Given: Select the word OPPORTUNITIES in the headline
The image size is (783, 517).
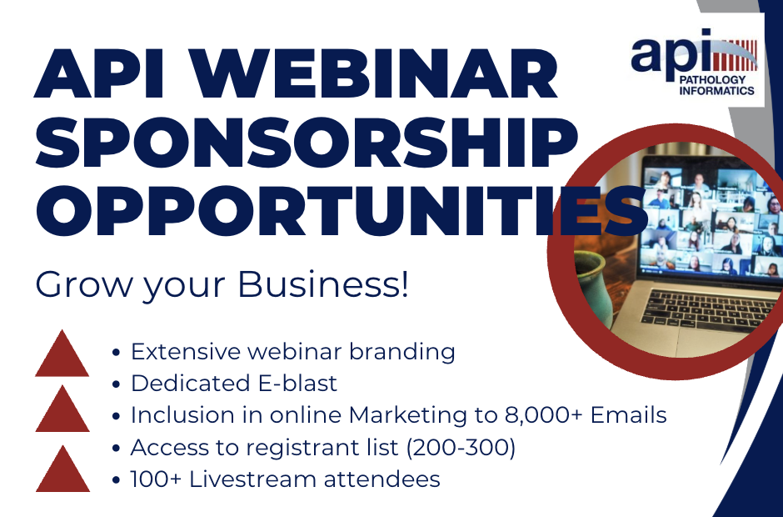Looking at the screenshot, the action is coord(342,210).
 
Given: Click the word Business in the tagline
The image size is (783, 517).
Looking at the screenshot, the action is coord(317,284).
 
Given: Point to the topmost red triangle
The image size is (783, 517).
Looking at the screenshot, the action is coord(62,354).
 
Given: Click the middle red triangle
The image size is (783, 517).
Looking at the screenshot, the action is coord(62,409).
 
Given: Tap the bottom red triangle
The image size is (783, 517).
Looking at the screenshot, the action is coord(63,469).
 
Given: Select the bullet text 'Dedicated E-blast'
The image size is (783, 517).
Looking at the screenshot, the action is coord(234,384).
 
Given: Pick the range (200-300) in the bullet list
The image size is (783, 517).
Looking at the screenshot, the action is coord(461,447).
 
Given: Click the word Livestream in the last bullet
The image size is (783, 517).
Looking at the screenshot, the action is coord(254,479).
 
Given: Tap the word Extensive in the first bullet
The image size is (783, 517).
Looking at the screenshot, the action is coord(186,352).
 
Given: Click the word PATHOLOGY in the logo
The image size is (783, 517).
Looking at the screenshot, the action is coord(712,80).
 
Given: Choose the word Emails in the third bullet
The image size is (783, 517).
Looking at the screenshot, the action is coord(628,415).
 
